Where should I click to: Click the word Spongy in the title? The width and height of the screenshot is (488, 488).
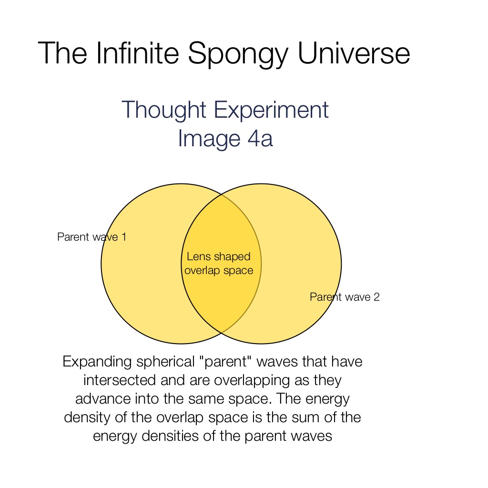[x=238, y=55]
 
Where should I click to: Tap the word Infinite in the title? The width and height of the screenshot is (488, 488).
[x=138, y=53]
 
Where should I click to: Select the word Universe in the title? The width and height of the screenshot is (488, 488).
[x=354, y=53]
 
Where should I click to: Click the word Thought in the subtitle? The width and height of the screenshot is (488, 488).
[x=164, y=111]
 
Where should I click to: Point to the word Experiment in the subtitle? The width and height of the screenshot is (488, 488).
[x=271, y=111]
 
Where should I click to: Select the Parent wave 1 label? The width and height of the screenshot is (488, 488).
[x=92, y=237]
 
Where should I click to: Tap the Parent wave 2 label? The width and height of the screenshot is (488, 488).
[x=345, y=297]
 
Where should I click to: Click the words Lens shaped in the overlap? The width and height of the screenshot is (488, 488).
[x=218, y=257]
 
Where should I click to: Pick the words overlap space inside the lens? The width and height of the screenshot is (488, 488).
[x=219, y=271]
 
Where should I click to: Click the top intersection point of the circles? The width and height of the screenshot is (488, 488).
[x=221, y=194]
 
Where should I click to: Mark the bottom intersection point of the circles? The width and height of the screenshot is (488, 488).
[x=221, y=333]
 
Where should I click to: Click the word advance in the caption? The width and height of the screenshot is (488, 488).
[x=103, y=399]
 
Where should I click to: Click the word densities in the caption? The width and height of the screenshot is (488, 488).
[x=170, y=436]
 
